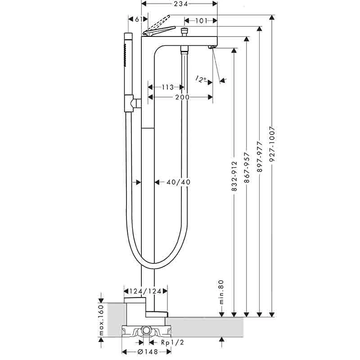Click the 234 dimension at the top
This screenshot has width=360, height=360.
click(x=179, y=4)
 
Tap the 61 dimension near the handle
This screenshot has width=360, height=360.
click(x=139, y=19)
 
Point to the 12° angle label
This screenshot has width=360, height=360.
click(x=201, y=79)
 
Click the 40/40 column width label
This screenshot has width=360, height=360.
click(x=179, y=182)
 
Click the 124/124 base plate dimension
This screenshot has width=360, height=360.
click(x=145, y=291)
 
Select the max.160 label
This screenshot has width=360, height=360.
click(x=102, y=320)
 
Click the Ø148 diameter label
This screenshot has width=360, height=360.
click(x=144, y=352)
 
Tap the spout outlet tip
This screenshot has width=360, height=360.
click(x=212, y=46)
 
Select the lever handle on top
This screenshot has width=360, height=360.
click(x=158, y=30)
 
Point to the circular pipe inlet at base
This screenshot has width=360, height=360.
click(x=146, y=331)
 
